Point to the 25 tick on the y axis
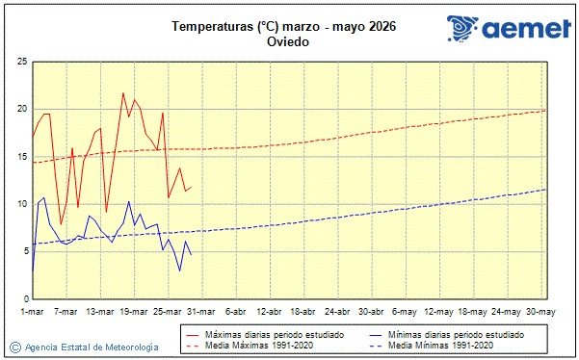[20, 62]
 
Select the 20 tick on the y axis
[20, 109]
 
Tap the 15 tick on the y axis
[20, 156]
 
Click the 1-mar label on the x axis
[32, 312]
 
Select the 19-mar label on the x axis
[134, 312]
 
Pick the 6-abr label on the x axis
[236, 312]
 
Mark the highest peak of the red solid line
[123, 92]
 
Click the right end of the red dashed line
[545, 111]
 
